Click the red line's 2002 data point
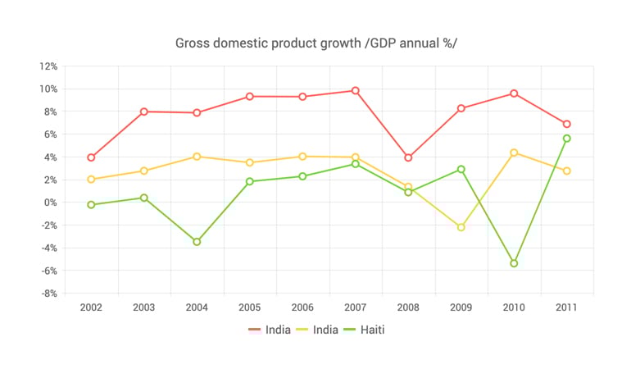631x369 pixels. (91, 157)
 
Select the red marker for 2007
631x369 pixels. (356, 90)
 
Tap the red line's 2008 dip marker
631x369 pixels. (408, 157)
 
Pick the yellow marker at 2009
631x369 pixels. (461, 227)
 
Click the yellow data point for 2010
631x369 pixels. (514, 153)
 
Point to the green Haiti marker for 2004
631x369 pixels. (197, 242)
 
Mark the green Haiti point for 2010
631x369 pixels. (514, 263)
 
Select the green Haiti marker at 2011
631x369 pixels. (566, 139)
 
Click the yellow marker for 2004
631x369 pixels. (197, 157)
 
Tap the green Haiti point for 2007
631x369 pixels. (356, 164)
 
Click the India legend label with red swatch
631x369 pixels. (278, 330)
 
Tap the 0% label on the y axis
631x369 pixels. (50, 203)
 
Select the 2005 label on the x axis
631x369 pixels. (250, 307)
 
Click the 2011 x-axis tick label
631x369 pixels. (566, 307)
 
